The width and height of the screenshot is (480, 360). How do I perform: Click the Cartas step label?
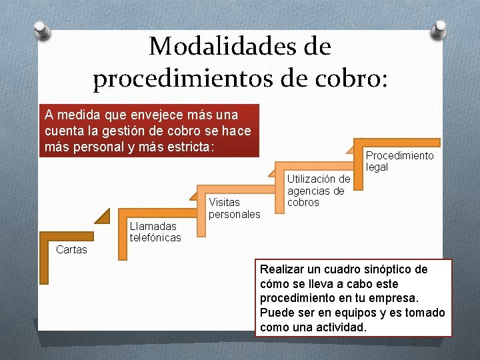click(x=71, y=249)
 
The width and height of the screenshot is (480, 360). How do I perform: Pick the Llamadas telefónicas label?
click(x=155, y=232)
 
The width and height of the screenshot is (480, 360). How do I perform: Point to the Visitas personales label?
click(x=234, y=208)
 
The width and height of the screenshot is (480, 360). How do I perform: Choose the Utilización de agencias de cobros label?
click(x=319, y=190)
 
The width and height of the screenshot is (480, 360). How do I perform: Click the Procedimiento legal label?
click(x=399, y=161)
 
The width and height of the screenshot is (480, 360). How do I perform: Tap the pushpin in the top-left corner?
click(x=42, y=30)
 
